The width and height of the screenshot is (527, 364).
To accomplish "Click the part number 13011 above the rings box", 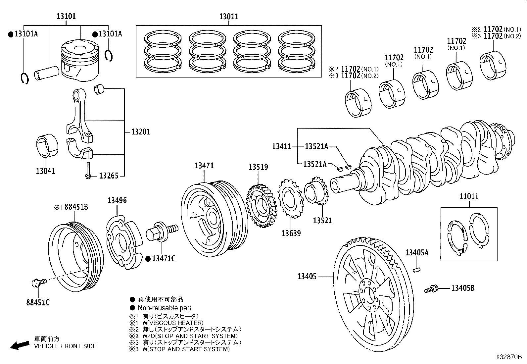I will click(229, 17).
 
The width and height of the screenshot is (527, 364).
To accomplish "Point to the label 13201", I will click(141, 132).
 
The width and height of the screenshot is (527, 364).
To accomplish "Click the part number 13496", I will click(117, 200).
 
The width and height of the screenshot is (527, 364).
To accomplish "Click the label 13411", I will click(281, 146).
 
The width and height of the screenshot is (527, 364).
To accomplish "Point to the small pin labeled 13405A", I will click(417, 270).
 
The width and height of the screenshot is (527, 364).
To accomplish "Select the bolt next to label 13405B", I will click(431, 289).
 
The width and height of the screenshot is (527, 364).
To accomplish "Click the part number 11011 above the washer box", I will click(469, 196).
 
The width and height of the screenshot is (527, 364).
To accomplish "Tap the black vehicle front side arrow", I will click(19, 345).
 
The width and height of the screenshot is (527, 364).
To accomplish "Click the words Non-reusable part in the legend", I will click(165, 308).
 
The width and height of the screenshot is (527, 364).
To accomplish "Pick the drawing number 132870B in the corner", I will click(508, 357).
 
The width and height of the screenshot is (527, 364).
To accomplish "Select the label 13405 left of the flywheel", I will click(307, 276).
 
